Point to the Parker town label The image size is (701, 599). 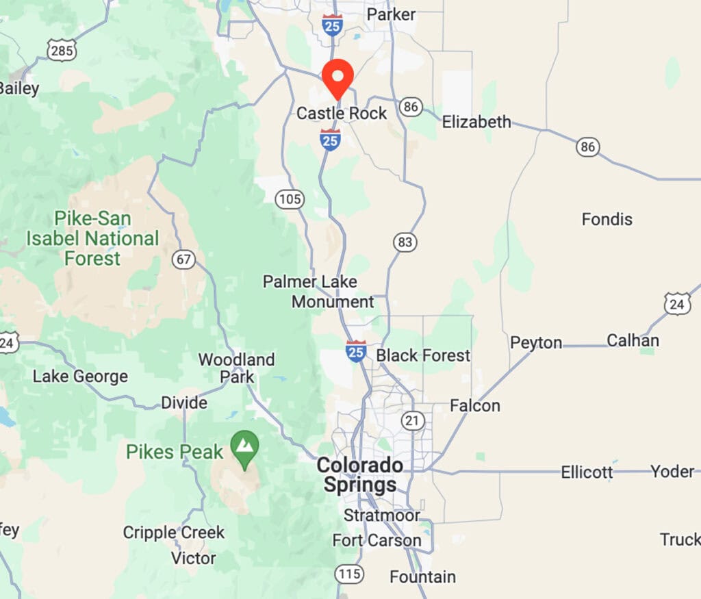click(x=391, y=14)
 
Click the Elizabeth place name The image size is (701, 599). click(x=476, y=122)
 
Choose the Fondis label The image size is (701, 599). click(x=607, y=220)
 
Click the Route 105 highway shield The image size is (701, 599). click(x=290, y=199)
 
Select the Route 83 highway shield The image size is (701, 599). click(x=405, y=242)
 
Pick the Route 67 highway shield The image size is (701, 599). click(x=184, y=260)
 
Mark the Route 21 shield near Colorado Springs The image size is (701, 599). click(x=413, y=420)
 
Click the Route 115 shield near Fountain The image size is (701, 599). click(x=350, y=574)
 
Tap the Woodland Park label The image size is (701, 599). click(x=237, y=368)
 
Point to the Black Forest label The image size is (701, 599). click(x=423, y=355)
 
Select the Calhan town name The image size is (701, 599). click(x=633, y=340)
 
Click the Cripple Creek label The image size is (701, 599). click(x=174, y=532)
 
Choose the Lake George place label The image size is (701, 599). click(x=80, y=377)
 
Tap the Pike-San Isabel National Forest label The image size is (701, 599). click(x=92, y=239)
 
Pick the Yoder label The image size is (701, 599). click(x=672, y=472)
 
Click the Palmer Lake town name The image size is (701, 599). click(x=310, y=281)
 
